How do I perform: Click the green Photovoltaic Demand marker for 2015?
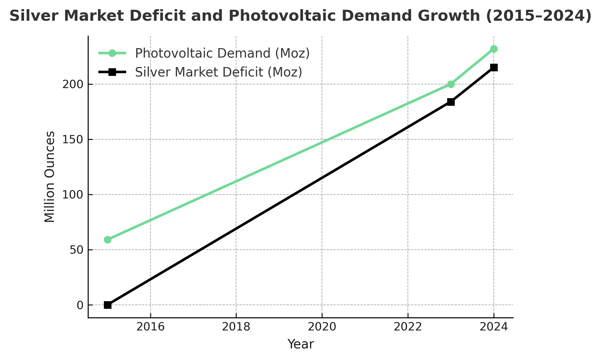click(x=108, y=240)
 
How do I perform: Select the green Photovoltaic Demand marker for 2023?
click(x=451, y=84)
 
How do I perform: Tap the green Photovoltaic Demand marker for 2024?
click(x=494, y=49)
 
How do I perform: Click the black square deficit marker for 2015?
click(x=108, y=305)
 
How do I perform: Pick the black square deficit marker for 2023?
click(x=451, y=102)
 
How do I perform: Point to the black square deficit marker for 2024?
click(x=494, y=67)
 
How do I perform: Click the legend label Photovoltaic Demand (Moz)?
click(x=222, y=53)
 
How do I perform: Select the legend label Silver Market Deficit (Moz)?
click(x=218, y=72)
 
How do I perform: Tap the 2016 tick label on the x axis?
click(x=150, y=327)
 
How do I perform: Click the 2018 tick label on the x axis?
click(x=236, y=327)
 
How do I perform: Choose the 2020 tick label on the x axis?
click(x=322, y=327)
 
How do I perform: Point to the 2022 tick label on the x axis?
click(x=408, y=327)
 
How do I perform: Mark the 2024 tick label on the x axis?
click(x=494, y=327)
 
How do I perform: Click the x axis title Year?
click(x=301, y=344)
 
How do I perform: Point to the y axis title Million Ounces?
click(x=50, y=177)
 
